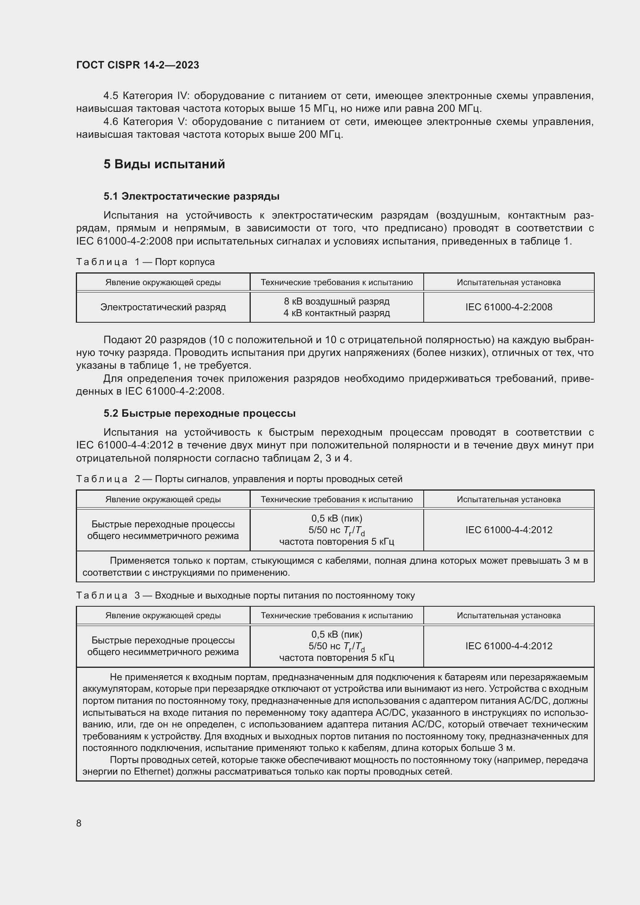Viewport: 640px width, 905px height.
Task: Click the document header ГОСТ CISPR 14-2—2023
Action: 137,65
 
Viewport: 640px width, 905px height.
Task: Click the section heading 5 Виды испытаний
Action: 164,164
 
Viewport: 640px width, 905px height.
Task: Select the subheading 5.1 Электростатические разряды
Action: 192,196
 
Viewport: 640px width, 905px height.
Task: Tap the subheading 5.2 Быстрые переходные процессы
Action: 199,413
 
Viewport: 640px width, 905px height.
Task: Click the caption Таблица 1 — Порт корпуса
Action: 145,262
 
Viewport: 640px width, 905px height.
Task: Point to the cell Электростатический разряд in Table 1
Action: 163,307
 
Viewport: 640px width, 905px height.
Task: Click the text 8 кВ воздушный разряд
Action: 337,301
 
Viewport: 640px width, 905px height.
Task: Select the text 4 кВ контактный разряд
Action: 337,313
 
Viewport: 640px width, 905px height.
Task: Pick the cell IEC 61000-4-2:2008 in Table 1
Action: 508,307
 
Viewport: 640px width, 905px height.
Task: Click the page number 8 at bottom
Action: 79,823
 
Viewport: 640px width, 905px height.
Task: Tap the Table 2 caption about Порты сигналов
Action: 239,479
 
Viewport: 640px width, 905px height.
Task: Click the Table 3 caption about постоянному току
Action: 245,595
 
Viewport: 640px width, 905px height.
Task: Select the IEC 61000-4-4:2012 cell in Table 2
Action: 508,530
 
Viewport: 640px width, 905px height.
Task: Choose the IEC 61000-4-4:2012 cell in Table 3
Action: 508,646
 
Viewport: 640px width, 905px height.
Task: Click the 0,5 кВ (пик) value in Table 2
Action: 337,518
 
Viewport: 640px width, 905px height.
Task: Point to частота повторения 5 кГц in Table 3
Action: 337,658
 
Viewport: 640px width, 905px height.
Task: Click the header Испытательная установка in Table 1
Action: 508,282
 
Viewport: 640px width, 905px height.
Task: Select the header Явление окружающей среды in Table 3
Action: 163,615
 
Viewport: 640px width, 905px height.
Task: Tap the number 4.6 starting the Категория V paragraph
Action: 111,122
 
